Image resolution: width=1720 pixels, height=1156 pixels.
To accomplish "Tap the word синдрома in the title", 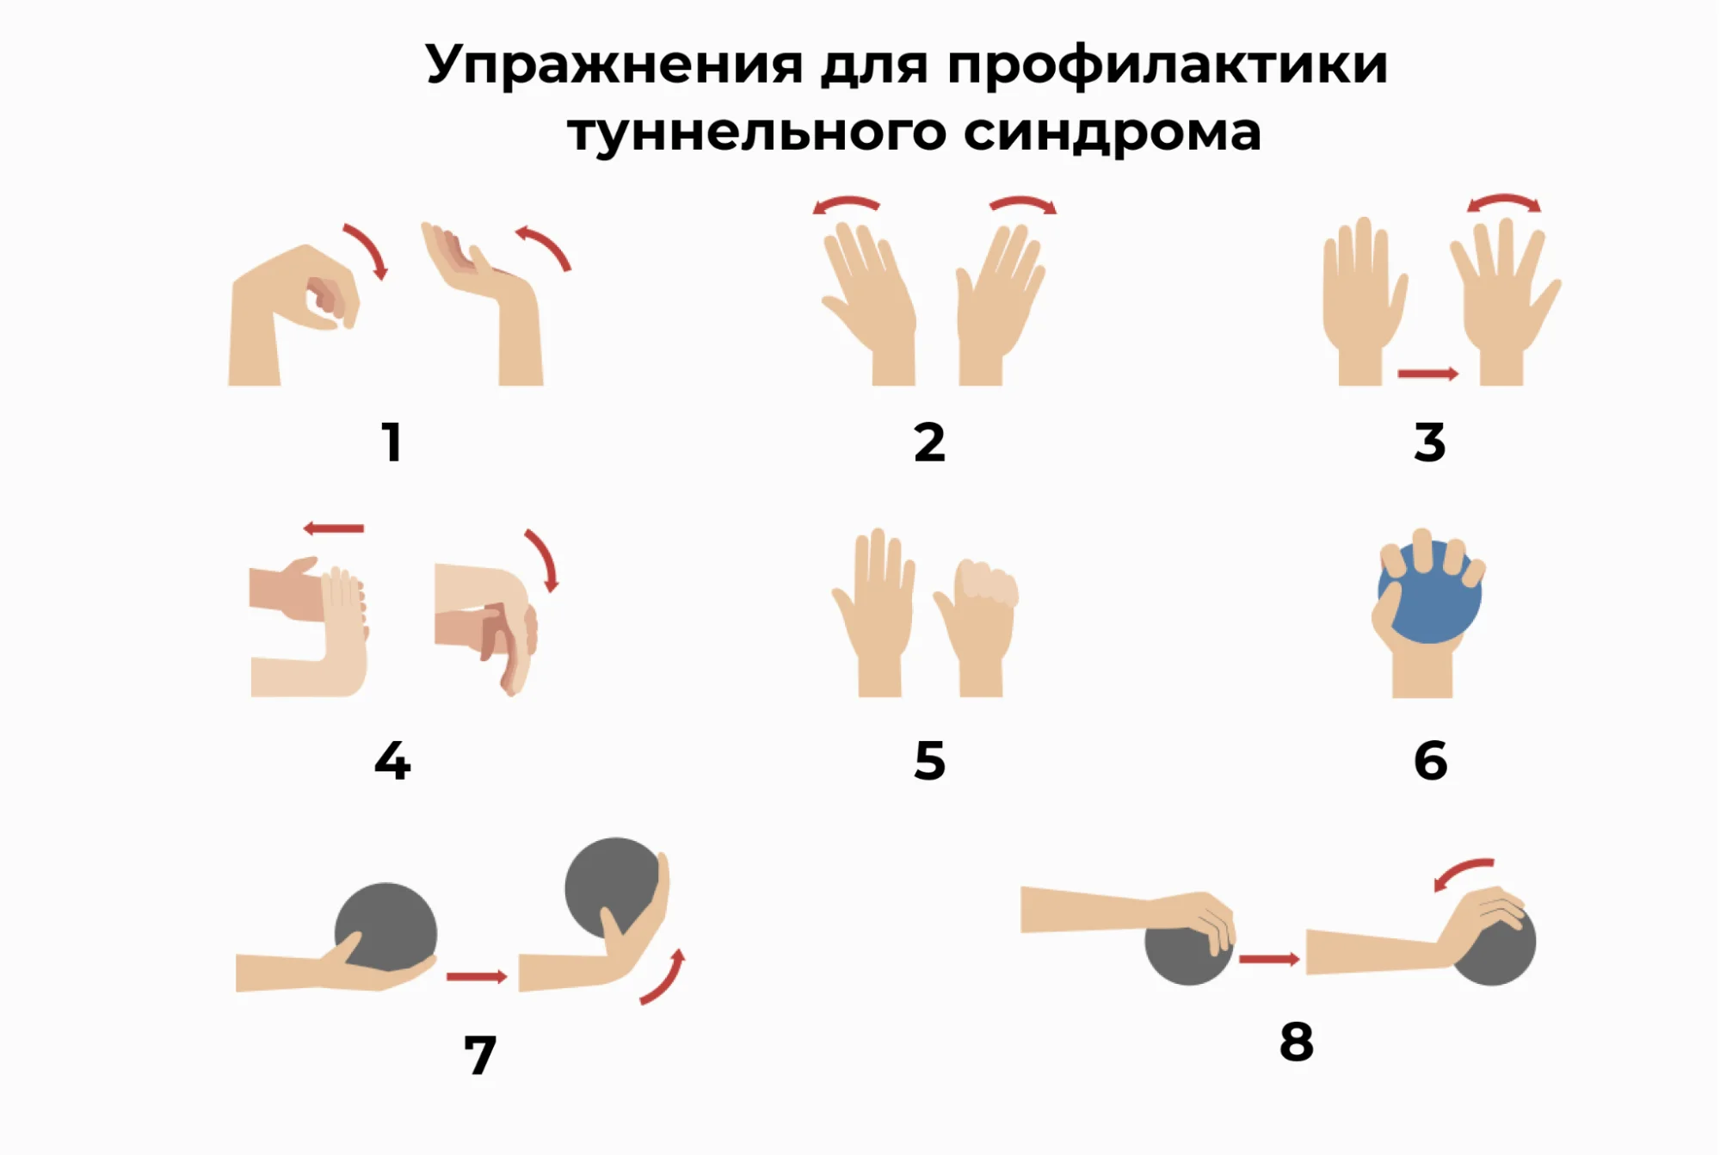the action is click(x=1112, y=132).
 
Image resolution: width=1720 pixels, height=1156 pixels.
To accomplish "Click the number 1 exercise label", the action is click(x=392, y=442).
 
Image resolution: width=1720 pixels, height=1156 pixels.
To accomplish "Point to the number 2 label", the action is click(x=929, y=442).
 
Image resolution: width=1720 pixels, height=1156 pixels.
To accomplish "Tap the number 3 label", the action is click(x=1430, y=442).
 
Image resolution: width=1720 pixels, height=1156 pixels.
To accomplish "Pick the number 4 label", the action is click(x=392, y=760).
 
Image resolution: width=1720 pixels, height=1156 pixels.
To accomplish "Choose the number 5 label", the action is click(x=929, y=761).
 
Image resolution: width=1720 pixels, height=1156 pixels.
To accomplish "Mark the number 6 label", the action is click(x=1430, y=761).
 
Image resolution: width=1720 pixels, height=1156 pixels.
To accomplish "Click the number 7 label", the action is click(x=480, y=1055).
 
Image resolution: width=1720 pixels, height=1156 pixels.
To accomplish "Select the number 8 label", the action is click(x=1297, y=1042).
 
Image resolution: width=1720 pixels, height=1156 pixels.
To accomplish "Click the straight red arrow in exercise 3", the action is click(x=1428, y=374).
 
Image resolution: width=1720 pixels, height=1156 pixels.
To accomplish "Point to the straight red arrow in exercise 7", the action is click(x=477, y=976).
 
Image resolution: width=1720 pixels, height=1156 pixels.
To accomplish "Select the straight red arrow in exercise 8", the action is click(x=1269, y=959).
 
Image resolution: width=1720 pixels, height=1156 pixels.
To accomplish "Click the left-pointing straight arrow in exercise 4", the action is click(x=334, y=529).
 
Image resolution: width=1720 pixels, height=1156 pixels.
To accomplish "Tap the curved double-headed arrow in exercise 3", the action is click(x=1504, y=201).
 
